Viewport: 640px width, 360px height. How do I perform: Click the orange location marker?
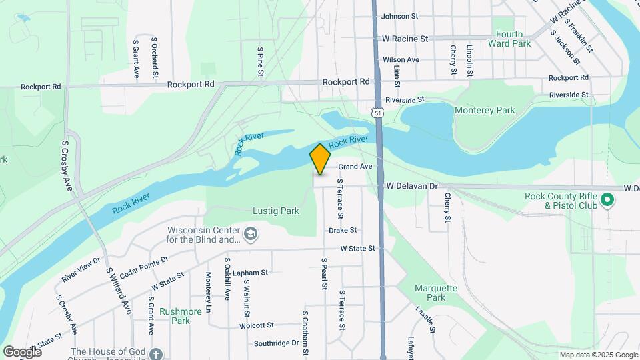coord(320,159)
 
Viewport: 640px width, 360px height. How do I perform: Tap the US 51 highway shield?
coord(378,113)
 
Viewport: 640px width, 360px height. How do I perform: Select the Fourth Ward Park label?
coord(513,39)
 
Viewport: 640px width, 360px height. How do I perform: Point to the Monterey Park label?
coord(485,110)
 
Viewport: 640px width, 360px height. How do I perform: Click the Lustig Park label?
coord(276,211)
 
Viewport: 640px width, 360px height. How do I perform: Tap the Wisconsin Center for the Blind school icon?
coord(250,233)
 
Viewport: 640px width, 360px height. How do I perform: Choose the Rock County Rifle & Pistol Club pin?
coord(607,199)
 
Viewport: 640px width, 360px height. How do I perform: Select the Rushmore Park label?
coord(176,315)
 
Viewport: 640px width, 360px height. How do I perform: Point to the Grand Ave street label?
coord(355,167)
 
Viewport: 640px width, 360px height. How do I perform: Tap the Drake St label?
coord(343,230)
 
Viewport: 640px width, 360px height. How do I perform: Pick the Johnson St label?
coord(399,16)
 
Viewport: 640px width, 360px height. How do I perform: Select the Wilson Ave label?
coord(401,60)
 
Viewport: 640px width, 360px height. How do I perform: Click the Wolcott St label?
coord(257,325)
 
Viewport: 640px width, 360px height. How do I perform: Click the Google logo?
coord(23,351)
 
